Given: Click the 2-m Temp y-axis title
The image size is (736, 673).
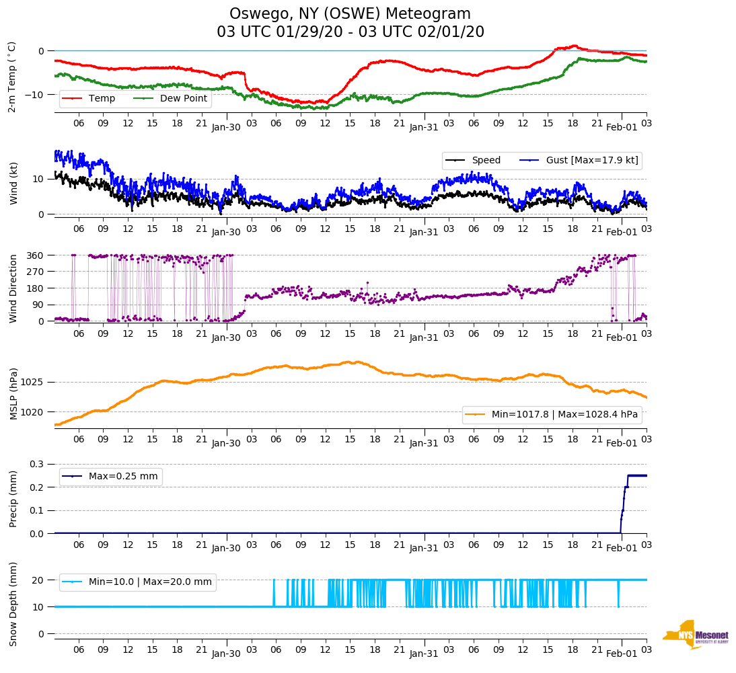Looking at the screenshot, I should pyautogui.click(x=12, y=77).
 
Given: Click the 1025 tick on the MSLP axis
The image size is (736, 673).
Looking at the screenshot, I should pyautogui.click(x=32, y=382).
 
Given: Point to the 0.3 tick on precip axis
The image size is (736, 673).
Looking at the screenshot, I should pyautogui.click(x=37, y=464).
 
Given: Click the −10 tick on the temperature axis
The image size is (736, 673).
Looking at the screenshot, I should pyautogui.click(x=34, y=95).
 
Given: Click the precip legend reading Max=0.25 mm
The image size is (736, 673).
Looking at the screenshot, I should pyautogui.click(x=123, y=477).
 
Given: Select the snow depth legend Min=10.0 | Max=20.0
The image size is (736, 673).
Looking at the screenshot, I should pyautogui.click(x=149, y=582).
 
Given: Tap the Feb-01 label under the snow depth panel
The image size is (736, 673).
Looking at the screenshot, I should pyautogui.click(x=622, y=654).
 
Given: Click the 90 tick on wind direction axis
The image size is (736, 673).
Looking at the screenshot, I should pyautogui.click(x=38, y=305).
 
